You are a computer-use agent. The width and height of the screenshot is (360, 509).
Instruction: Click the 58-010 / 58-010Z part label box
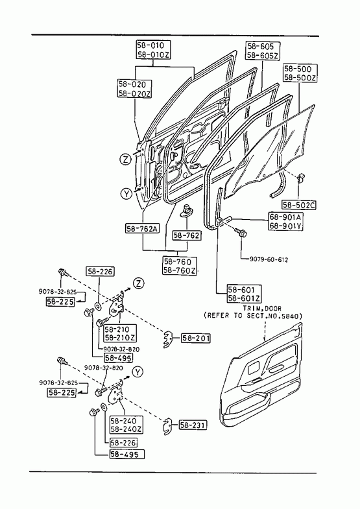153,50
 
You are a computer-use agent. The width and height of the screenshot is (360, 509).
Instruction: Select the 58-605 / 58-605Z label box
262,51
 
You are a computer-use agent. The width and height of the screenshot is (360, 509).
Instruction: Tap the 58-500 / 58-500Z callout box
300,73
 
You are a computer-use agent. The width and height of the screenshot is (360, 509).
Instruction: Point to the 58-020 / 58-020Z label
134,89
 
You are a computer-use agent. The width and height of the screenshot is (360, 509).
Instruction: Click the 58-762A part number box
142,229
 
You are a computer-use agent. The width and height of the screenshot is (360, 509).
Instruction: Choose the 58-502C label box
298,205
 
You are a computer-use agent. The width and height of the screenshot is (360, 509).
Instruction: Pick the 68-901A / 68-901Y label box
285,221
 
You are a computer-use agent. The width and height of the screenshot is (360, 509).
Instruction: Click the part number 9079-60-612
269,260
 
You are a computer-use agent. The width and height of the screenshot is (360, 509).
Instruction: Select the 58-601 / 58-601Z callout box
245,294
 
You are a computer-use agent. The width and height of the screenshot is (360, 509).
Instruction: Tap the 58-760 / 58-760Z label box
180,266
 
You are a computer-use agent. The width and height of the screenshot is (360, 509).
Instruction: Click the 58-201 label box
195,338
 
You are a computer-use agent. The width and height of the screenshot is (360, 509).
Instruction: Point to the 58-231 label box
193,425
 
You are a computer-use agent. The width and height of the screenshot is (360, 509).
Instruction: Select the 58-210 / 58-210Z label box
120,333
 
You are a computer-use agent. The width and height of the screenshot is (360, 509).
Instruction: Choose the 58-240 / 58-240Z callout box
126,425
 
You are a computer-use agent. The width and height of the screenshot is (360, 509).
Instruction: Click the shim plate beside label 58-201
167,340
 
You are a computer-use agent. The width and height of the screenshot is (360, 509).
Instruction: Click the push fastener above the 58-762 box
186,209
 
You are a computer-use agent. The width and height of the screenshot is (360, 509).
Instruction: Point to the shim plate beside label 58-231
167,426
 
